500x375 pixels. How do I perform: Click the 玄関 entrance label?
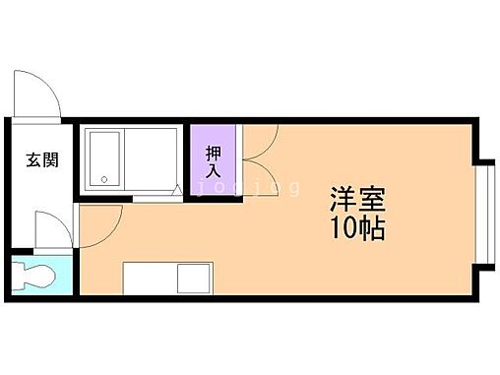tap(41, 159)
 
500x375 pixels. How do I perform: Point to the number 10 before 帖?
tap(342, 232)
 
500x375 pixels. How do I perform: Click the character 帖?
tap(371, 232)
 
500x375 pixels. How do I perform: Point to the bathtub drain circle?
tap(103, 179)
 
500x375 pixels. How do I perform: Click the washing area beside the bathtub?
tap(154, 158)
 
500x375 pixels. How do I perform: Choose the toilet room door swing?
tap(48, 231)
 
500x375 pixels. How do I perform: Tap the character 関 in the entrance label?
tap(50, 159)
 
